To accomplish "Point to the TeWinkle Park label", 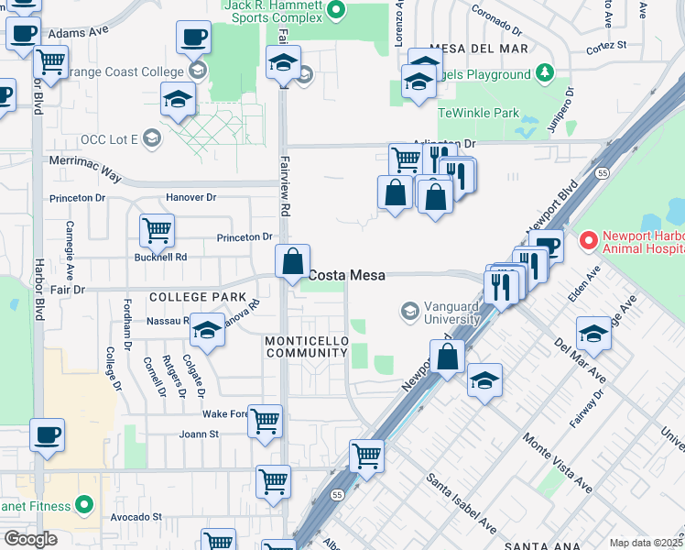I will point(478,113).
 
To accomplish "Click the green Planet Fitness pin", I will point(84,504).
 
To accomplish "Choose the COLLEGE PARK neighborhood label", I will point(197,297).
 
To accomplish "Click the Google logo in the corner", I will point(30,538).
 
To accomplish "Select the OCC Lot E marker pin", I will point(151,139).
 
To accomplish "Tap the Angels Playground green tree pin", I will point(545,73).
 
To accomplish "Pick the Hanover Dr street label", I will point(190,197).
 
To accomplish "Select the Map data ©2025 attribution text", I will point(646,543).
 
